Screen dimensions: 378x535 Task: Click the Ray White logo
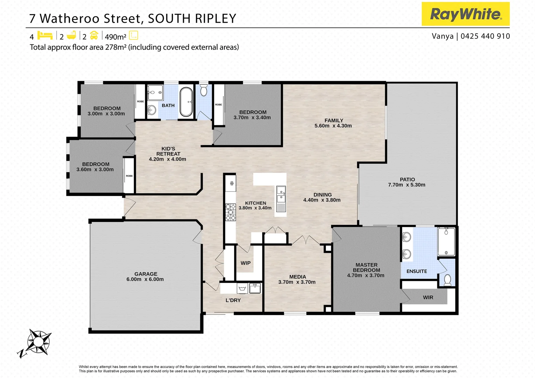(465, 14)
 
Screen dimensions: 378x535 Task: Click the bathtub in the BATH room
(186, 102)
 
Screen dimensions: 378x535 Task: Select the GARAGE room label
(146, 274)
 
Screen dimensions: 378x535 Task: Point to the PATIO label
(407, 180)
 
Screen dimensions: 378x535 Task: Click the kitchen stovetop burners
(230, 212)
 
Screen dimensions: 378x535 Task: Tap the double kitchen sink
(281, 195)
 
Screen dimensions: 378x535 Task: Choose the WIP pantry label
(245, 263)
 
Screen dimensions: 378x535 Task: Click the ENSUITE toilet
(447, 280)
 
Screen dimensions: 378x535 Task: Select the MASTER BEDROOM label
(366, 267)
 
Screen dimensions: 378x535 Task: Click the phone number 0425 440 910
(485, 36)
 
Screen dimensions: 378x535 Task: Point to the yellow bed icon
(45, 35)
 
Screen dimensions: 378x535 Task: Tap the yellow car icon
(94, 35)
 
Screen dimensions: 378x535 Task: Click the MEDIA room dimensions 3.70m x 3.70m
(297, 282)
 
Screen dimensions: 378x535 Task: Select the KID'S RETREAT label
(168, 151)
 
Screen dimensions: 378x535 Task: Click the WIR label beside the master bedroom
(428, 297)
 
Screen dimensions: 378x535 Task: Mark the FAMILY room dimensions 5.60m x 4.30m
(333, 126)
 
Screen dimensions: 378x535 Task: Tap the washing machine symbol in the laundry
(242, 289)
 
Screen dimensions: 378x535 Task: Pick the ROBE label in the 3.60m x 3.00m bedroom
(129, 176)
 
